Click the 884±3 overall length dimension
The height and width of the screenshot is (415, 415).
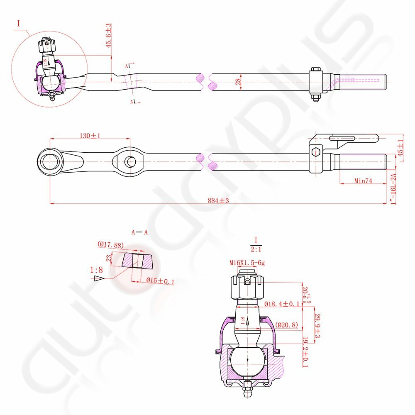click(219, 200)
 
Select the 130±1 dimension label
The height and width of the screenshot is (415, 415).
click(90, 135)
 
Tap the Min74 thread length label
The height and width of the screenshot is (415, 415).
click(363, 181)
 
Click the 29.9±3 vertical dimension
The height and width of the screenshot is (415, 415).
click(318, 326)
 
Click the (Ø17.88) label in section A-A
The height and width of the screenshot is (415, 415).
click(110, 245)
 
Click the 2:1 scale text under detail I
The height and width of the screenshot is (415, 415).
click(256, 249)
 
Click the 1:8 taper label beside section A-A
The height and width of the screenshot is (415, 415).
click(97, 270)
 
